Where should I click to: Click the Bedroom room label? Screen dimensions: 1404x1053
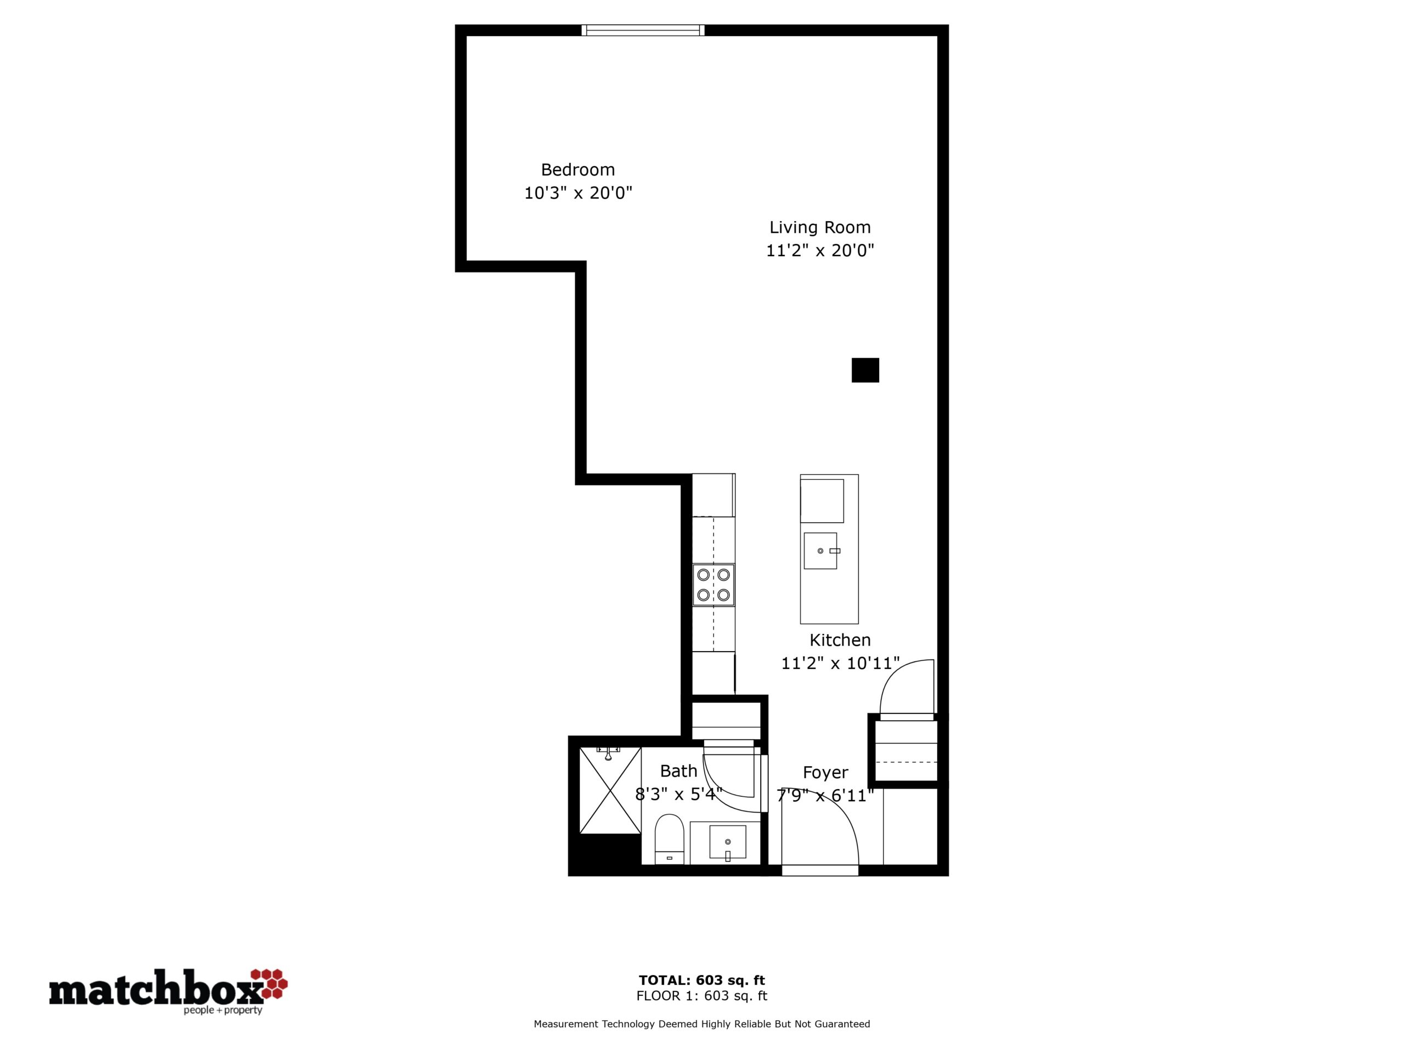578,169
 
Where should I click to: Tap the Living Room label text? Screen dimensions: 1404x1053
820,227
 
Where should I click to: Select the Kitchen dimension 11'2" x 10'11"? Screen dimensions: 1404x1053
840,663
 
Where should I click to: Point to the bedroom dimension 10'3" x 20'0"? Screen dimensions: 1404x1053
578,193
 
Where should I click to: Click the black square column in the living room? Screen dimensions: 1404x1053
865,370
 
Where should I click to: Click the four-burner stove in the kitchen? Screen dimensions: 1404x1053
714,585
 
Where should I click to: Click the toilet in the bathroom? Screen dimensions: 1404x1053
669,839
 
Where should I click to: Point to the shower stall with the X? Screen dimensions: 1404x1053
610,790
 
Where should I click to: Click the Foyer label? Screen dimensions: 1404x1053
825,772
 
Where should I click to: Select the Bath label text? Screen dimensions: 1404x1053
678,771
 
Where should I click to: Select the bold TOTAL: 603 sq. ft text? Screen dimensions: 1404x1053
702,980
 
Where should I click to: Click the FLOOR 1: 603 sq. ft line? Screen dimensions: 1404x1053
702,996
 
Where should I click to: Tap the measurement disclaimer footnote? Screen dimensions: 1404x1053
702,1024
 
